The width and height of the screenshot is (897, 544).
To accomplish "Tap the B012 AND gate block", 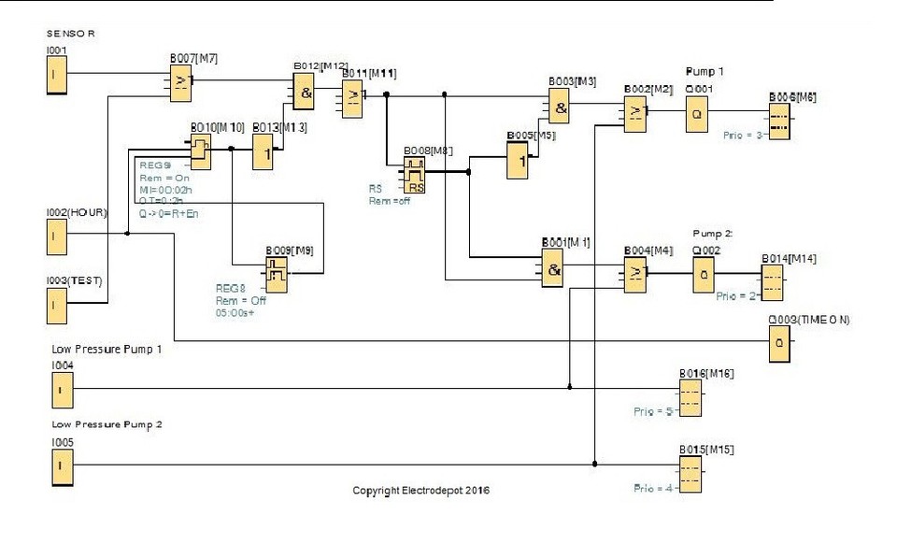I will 303,93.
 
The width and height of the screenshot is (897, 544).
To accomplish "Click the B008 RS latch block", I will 415,175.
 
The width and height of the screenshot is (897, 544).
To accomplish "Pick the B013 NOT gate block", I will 263,153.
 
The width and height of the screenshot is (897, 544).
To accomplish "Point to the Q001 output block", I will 696,115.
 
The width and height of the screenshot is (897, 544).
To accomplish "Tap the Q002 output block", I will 704,275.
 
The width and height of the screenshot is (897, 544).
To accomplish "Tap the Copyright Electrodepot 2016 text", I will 420,490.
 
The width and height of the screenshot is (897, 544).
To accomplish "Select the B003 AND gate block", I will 559,108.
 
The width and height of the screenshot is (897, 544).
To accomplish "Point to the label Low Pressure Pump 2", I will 107,424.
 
